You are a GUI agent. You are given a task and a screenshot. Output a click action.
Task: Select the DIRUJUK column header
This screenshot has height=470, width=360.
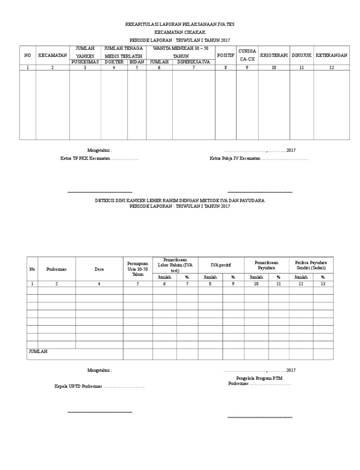coord(301,55)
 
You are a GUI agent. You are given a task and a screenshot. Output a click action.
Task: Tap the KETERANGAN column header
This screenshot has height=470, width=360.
coord(331,55)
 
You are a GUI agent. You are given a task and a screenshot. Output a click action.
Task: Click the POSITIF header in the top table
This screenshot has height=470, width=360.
coord(225,55)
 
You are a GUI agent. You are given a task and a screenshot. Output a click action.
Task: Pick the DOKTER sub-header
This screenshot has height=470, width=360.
coord(114,62)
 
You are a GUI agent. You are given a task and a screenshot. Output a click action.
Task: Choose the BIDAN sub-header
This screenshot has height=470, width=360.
coord(136,62)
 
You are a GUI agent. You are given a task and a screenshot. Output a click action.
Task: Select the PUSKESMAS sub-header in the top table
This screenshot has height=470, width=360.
coord(85,62)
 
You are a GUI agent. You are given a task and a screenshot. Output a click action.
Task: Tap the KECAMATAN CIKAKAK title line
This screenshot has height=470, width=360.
coord(180,32)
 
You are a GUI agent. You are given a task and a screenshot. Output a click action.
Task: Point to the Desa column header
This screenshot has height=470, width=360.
coord(99,269)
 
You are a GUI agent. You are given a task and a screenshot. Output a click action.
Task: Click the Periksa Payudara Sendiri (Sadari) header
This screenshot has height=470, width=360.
coord(311,265)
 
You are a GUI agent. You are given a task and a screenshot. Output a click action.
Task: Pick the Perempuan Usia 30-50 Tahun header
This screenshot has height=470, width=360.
coord(137,269)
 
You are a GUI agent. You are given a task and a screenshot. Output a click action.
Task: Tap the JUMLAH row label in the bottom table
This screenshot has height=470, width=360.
coord(38,351)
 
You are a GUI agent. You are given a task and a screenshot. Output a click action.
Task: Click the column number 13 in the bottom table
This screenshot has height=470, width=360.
coord(322,284)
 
